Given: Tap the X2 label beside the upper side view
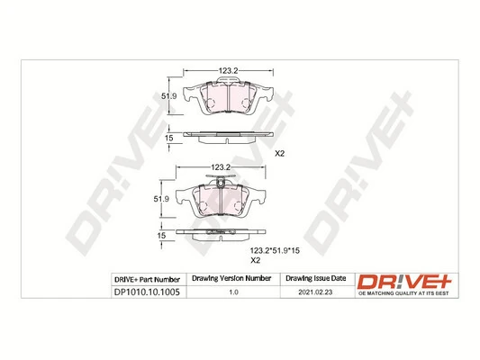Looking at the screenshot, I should (x=278, y=154).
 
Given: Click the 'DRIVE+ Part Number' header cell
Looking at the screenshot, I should (x=149, y=280).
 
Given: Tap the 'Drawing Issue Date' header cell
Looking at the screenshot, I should (x=316, y=280).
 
